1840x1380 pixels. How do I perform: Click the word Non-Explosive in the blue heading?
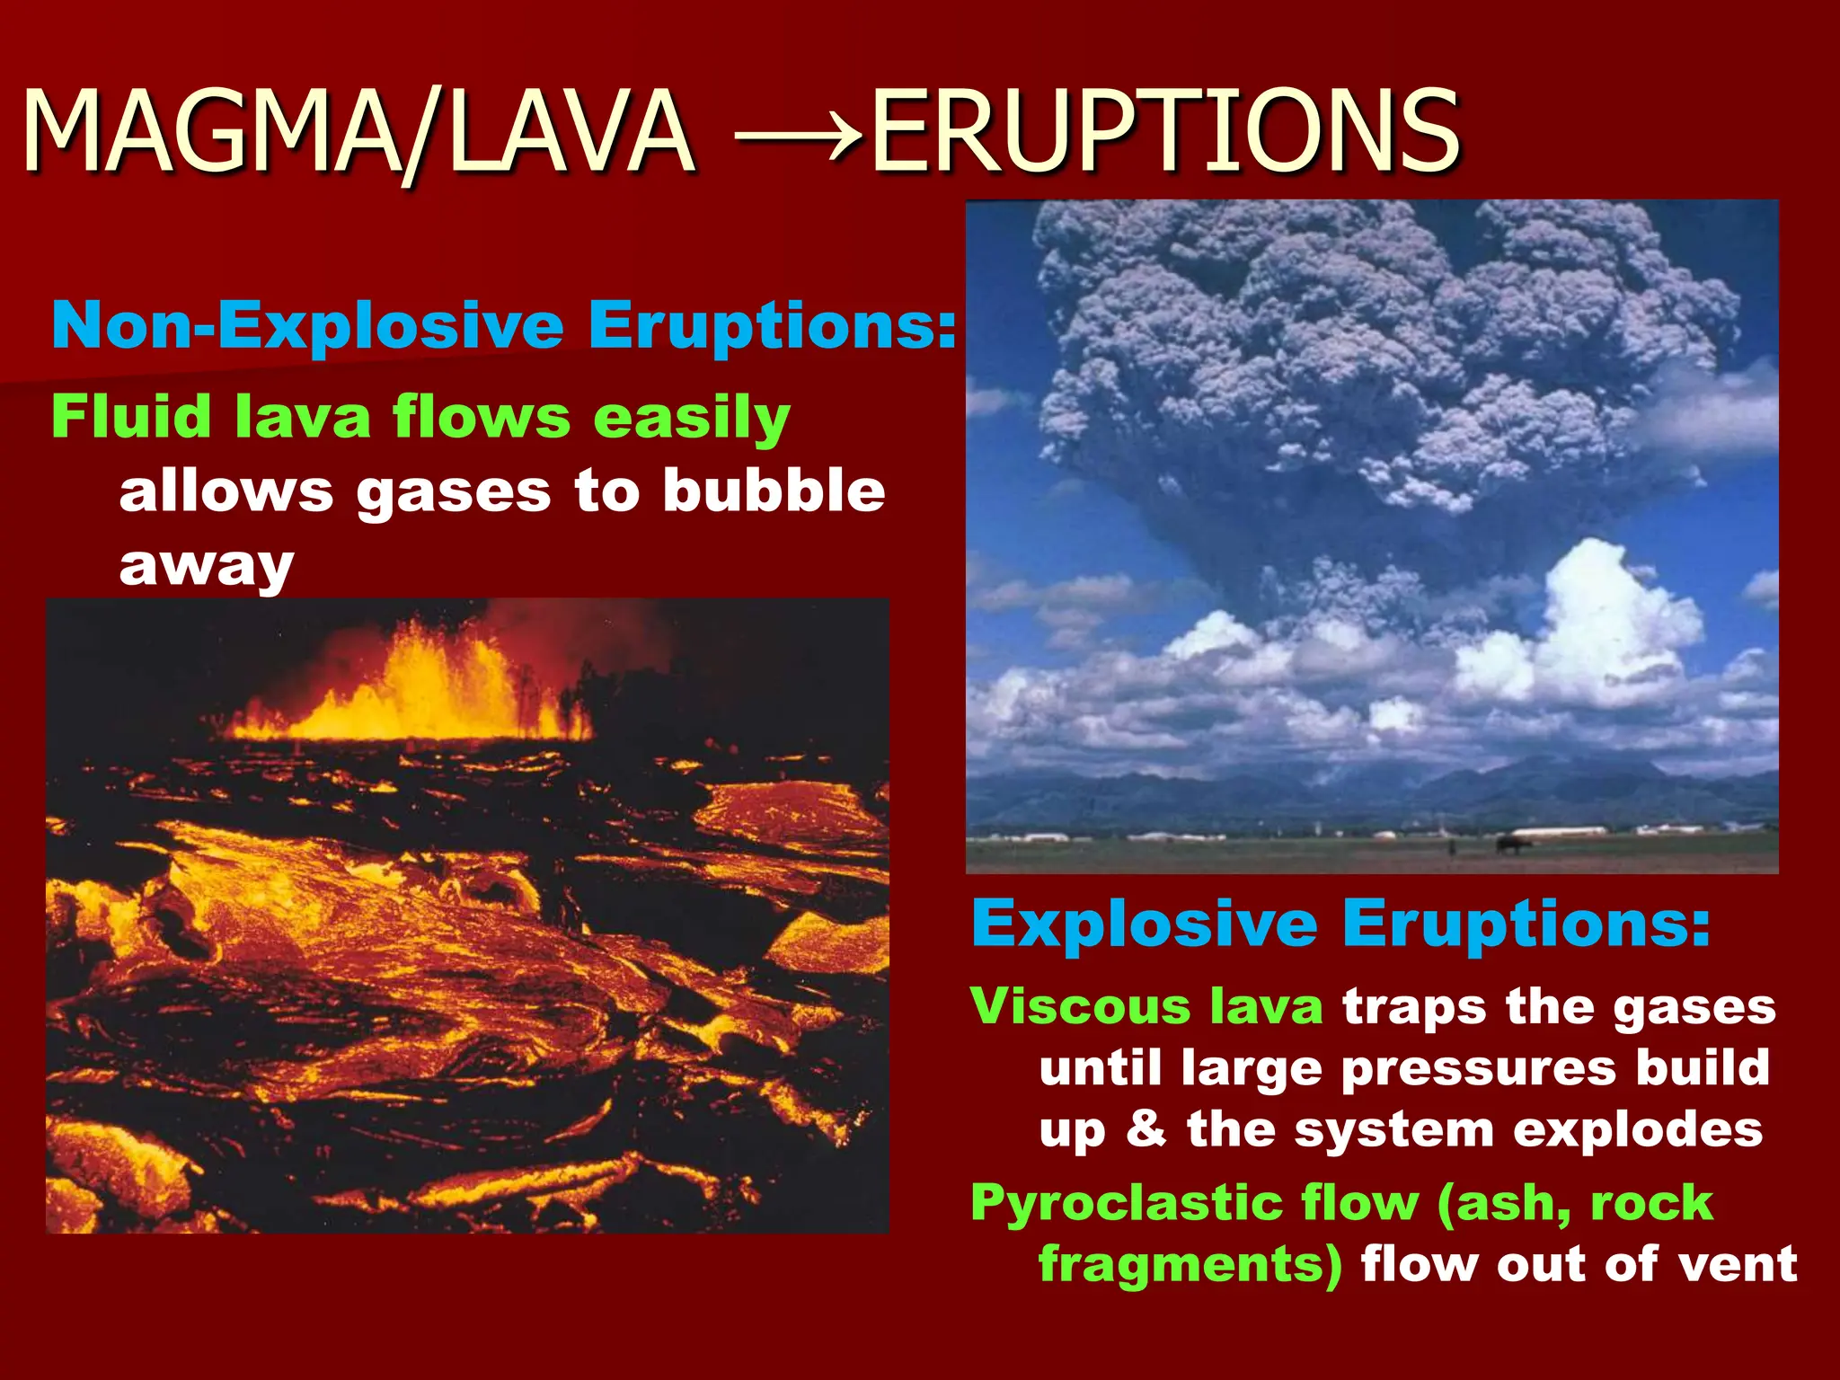[x=306, y=324]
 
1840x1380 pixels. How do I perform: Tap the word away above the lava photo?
[x=207, y=566]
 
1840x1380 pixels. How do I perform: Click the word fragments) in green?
[x=1190, y=1264]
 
